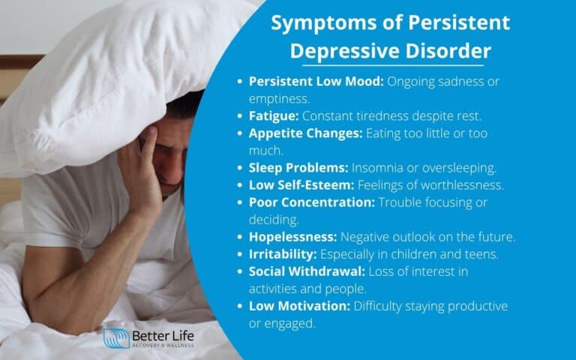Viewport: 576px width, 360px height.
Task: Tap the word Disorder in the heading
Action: click(453, 51)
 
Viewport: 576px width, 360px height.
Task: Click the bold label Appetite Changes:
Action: click(305, 133)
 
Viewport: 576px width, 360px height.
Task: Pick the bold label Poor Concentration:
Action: click(311, 202)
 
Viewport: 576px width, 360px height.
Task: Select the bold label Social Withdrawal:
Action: click(305, 271)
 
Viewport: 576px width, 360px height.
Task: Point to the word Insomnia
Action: click(374, 167)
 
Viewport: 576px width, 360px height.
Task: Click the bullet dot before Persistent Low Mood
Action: click(239, 81)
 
